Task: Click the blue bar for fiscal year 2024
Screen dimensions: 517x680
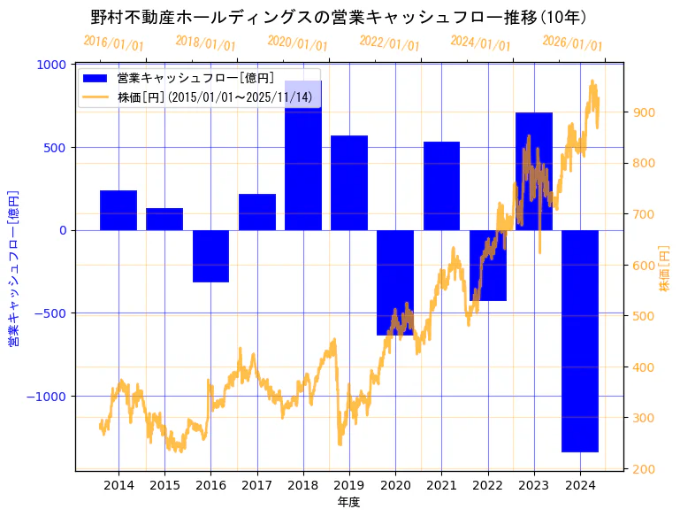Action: (x=579, y=341)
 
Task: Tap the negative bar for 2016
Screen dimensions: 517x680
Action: (x=210, y=256)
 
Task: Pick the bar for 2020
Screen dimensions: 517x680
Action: (x=395, y=282)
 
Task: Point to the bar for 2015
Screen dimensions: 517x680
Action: (x=164, y=219)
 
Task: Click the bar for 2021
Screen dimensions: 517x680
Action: (x=441, y=186)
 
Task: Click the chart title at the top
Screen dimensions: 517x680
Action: (x=340, y=17)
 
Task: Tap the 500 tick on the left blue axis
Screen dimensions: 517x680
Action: (x=56, y=147)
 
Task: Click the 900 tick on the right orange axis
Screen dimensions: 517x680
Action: (x=642, y=112)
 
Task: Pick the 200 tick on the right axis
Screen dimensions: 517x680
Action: (x=642, y=469)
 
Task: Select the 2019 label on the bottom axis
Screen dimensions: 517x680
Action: (x=348, y=485)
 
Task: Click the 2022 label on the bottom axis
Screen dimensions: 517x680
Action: (x=487, y=485)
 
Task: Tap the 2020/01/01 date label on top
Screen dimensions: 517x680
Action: (x=297, y=43)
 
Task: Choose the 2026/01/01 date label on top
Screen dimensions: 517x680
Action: (x=572, y=43)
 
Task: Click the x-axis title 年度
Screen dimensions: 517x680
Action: (x=349, y=502)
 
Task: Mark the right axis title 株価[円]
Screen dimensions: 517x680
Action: (x=664, y=269)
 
